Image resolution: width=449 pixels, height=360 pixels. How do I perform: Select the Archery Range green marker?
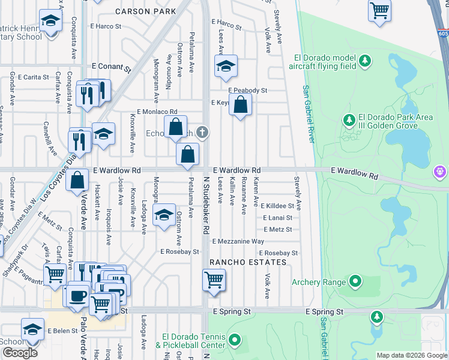[355, 281]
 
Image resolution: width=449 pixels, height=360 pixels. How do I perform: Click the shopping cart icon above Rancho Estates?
[214, 280]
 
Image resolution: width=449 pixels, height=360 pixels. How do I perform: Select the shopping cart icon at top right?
[379, 10]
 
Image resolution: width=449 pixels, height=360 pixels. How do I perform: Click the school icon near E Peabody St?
[226, 67]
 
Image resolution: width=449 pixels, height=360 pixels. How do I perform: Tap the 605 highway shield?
[443, 35]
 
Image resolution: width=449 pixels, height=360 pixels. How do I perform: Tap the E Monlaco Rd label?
[157, 112]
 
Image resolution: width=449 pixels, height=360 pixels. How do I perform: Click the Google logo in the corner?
[20, 353]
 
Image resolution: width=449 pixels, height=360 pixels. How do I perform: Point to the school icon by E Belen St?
[32, 329]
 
